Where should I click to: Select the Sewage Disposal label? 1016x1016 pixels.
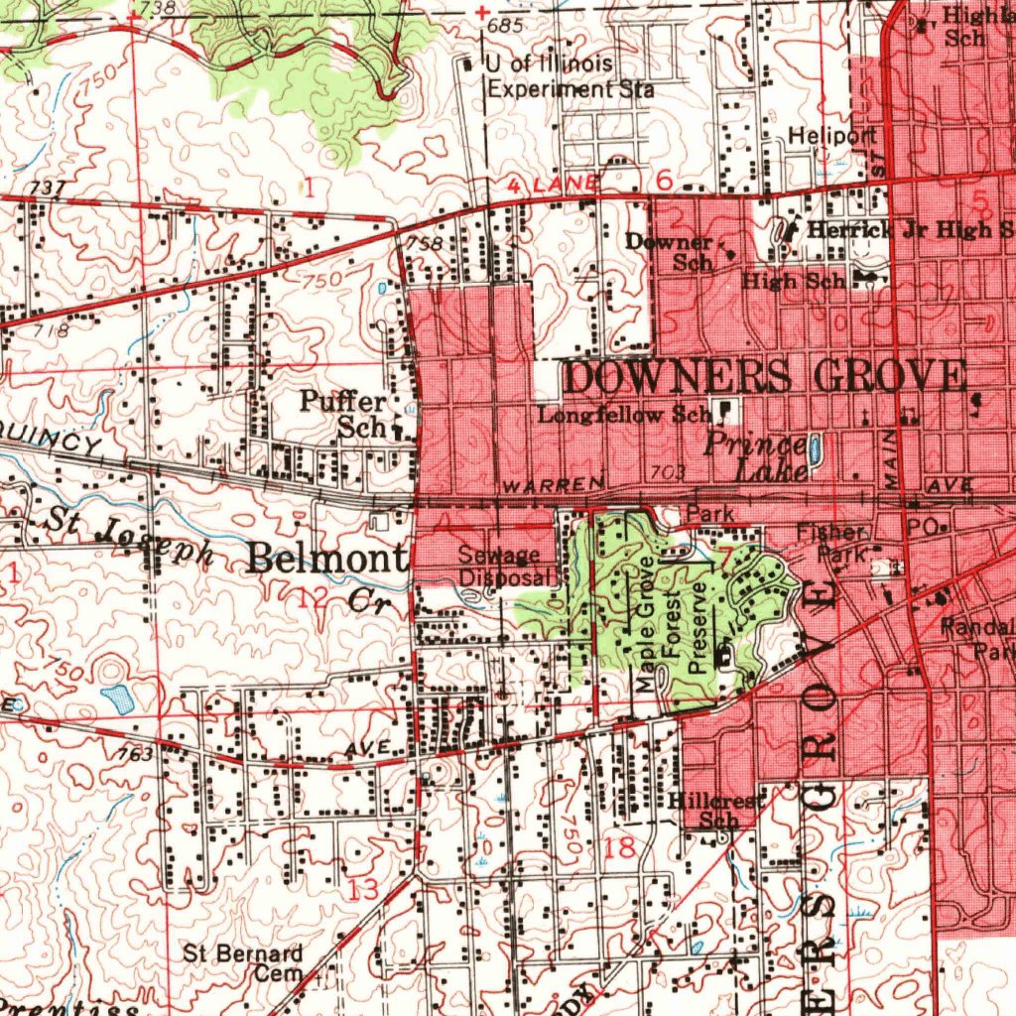(500, 567)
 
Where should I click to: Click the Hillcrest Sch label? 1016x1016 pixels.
(718, 810)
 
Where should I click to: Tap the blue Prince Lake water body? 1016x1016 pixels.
(815, 448)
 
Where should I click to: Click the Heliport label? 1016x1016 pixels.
(832, 135)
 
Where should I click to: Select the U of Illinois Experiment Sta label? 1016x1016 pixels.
(569, 76)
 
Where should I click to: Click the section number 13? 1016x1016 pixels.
(364, 889)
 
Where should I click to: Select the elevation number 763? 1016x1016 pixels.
(135, 755)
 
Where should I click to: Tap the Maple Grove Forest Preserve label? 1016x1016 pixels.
(674, 624)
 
